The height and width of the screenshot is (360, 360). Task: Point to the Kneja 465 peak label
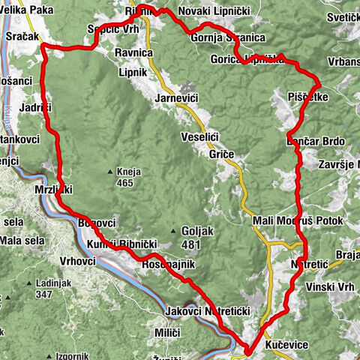pyautogui.click(x=129, y=176)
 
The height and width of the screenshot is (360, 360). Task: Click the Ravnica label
pyautogui.click(x=135, y=54)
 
